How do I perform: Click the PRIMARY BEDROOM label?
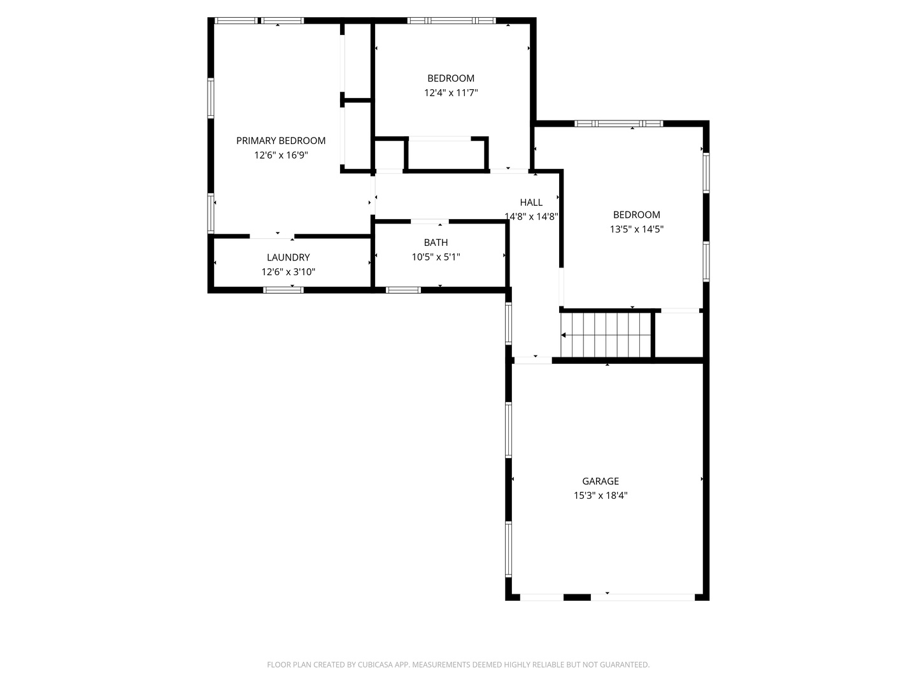coord(281,141)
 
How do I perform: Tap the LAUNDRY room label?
coord(288,257)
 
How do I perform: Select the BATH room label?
coord(436,242)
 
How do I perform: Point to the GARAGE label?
coord(601,481)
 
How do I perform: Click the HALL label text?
coord(531,203)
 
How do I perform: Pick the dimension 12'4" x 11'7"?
coord(451,93)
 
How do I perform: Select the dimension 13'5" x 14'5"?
coord(636,229)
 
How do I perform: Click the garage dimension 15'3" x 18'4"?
coord(601,496)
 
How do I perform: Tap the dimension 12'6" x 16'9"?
coord(281,155)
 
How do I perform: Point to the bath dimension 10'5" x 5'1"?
coord(436,257)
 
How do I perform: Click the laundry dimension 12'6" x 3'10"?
coord(288,272)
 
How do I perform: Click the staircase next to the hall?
coord(606,335)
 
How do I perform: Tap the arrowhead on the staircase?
coord(563,335)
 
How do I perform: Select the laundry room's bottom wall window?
coord(283,290)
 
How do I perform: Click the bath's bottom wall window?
coord(403,290)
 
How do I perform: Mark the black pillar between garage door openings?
coord(577,598)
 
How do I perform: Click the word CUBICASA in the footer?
coord(375,664)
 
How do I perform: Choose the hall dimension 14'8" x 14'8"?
coord(531,217)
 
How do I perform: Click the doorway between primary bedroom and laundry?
coord(272,236)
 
